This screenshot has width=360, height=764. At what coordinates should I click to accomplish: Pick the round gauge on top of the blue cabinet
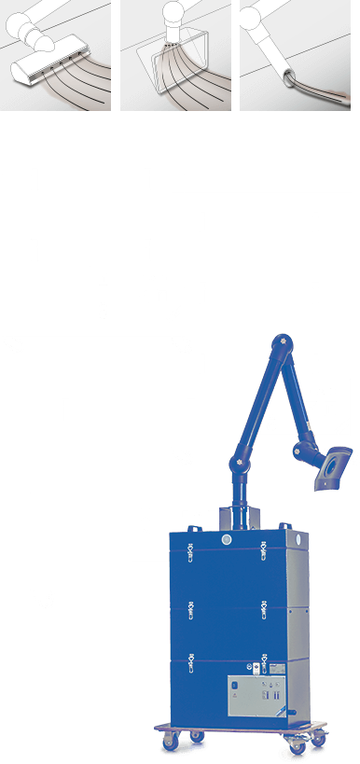pos(226,539)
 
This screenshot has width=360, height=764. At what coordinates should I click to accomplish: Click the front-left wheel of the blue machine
pos(173,743)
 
